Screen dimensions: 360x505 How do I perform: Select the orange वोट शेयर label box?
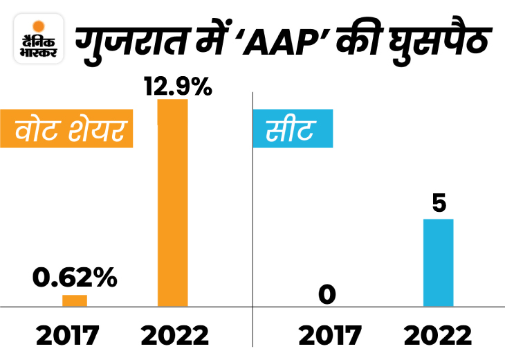68,129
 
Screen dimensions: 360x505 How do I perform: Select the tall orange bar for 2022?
172,202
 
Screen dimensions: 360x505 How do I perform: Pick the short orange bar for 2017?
74,300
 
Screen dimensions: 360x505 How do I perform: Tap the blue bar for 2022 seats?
438,262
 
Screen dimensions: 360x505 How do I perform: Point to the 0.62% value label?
75,278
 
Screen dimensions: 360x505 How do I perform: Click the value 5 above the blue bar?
439,204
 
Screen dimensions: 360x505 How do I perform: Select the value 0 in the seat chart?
327,296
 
